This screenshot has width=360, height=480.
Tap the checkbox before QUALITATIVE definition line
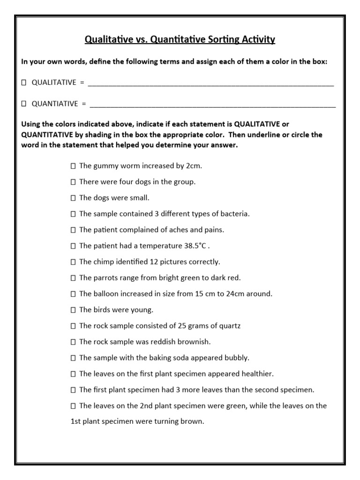tap(23, 82)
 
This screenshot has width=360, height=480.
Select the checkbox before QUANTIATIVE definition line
tap(23, 104)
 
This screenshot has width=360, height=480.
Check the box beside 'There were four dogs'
tap(73, 181)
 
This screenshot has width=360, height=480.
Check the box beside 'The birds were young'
tap(73, 310)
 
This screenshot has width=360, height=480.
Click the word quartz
tap(230, 326)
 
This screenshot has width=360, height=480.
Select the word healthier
tap(256, 374)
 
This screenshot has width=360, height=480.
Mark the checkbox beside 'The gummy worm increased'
tap(73, 165)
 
